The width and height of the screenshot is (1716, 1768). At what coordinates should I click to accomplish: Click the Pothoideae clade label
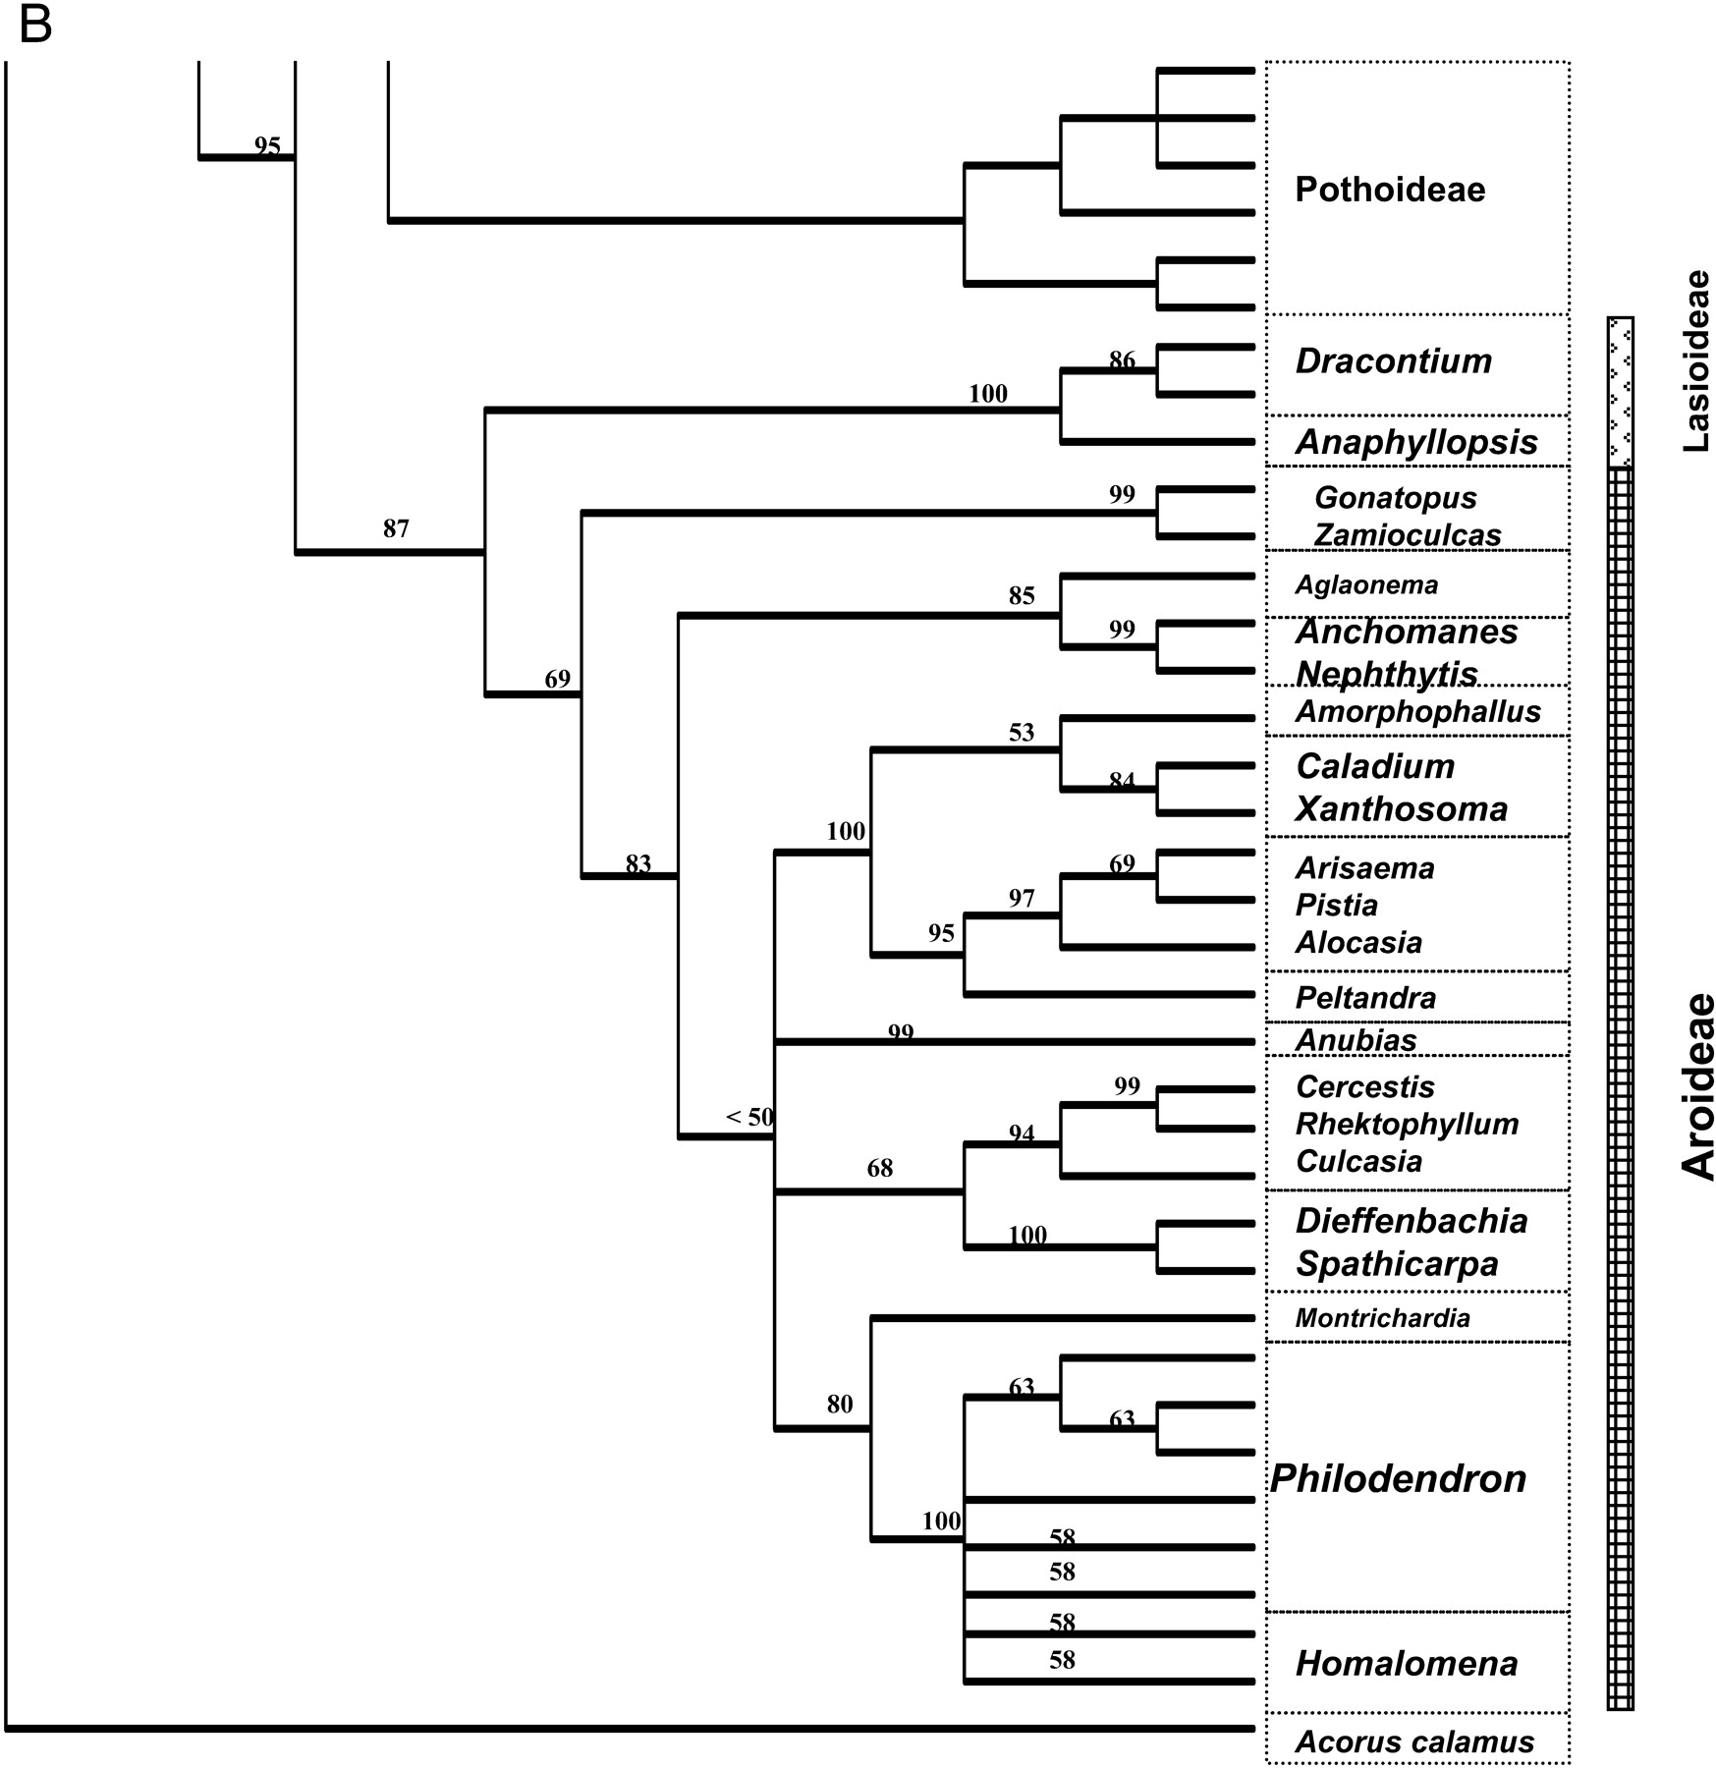(x=1389, y=190)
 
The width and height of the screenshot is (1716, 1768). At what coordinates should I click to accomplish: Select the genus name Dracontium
(x=1393, y=360)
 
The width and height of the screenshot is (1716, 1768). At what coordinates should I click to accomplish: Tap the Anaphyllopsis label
(x=1415, y=442)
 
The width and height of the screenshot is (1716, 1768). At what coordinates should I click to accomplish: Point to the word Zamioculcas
(x=1407, y=535)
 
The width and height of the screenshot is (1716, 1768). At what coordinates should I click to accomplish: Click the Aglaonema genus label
(x=1365, y=585)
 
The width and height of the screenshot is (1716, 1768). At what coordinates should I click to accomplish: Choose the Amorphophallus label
(x=1417, y=711)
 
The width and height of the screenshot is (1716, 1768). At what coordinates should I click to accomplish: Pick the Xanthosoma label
(x=1401, y=809)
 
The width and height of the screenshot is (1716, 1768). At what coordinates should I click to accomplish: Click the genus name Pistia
(x=1336, y=905)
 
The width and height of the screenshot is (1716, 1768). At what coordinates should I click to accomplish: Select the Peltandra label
(x=1365, y=998)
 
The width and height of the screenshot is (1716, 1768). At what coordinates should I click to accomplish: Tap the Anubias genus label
(x=1356, y=1040)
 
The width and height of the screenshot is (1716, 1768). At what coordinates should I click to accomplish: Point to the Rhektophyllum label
(x=1407, y=1124)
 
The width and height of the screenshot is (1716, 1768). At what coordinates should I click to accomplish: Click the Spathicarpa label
(x=1397, y=1264)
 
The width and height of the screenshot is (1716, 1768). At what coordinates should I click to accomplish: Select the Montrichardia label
(x=1382, y=1318)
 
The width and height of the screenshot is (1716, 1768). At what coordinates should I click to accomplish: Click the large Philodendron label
(x=1398, y=1479)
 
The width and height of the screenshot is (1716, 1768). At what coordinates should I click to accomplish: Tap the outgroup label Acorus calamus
(x=1414, y=1742)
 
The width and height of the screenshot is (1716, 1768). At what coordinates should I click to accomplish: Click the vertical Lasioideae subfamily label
(x=1695, y=361)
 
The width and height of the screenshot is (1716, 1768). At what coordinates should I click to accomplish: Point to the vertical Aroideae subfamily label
(x=1697, y=1086)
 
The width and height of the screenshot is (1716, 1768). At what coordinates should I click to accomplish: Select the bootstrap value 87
(x=396, y=529)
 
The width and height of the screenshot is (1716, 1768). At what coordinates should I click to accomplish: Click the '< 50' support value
(x=749, y=1117)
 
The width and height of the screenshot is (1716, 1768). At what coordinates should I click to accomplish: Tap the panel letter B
(x=34, y=26)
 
